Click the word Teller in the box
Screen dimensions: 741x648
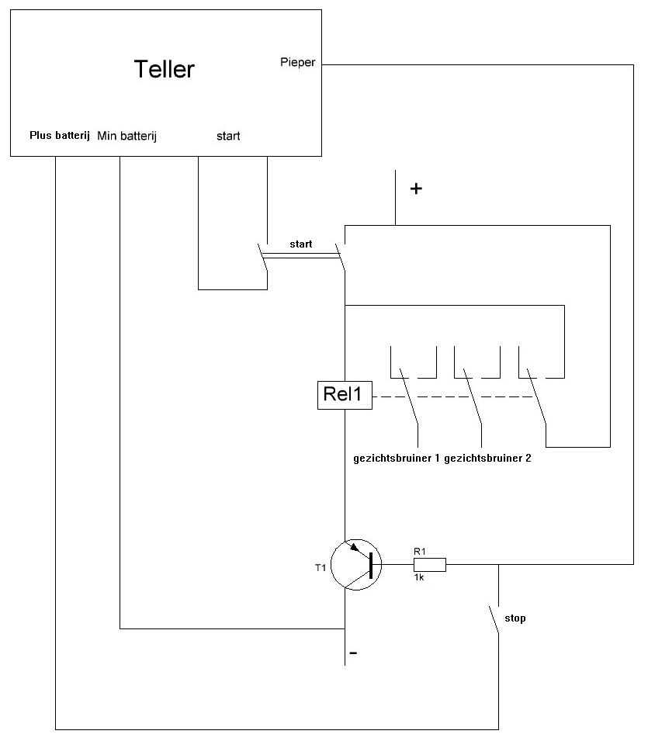164,69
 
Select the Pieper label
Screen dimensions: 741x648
297,62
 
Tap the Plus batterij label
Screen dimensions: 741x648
60,136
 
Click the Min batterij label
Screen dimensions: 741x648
127,136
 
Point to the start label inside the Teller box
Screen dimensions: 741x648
228,136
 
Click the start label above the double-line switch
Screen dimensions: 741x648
301,244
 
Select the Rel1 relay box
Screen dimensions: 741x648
344,395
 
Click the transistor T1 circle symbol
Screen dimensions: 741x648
356,566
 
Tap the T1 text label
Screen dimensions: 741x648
321,568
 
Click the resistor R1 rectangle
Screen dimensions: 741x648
431,565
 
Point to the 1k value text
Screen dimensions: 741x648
419,578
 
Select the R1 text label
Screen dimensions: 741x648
420,551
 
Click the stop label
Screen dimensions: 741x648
515,618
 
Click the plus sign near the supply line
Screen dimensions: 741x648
416,189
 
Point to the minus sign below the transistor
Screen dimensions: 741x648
354,654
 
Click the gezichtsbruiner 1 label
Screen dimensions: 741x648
397,458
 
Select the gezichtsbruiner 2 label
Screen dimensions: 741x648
487,458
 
